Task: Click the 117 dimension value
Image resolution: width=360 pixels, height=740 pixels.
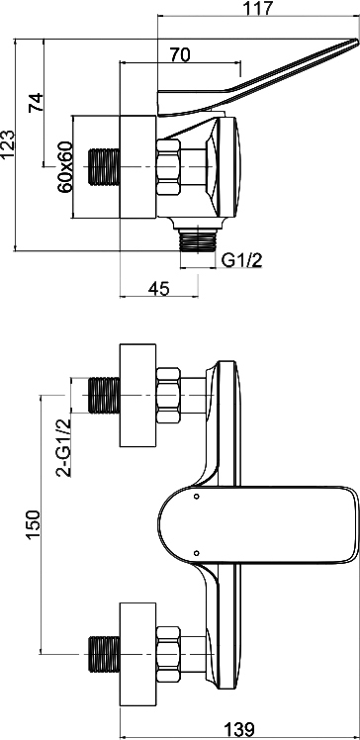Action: [258, 8]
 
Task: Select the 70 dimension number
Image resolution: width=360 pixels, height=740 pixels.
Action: [180, 54]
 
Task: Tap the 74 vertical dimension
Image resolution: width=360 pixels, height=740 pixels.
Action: [37, 102]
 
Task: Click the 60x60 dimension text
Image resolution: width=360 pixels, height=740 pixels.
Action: [65, 166]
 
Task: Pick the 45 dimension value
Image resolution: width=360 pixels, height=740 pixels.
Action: [158, 288]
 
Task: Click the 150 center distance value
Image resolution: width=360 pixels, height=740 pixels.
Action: [33, 524]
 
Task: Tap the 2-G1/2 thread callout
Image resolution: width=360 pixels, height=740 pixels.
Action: [63, 447]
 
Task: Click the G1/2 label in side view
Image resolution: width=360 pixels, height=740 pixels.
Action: [242, 260]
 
